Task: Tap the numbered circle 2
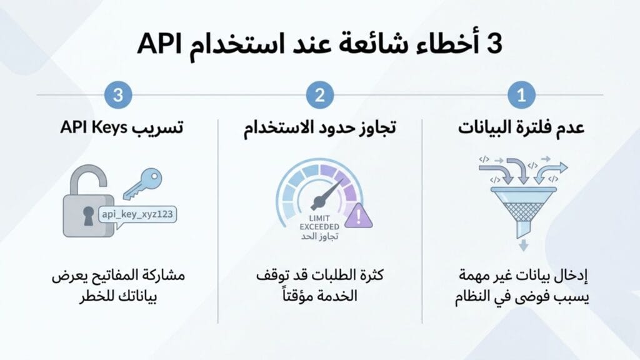[320, 95]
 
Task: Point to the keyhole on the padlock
[88, 213]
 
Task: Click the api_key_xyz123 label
[136, 214]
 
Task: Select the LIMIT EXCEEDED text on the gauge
[319, 221]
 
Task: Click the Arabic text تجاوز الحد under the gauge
[319, 237]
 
